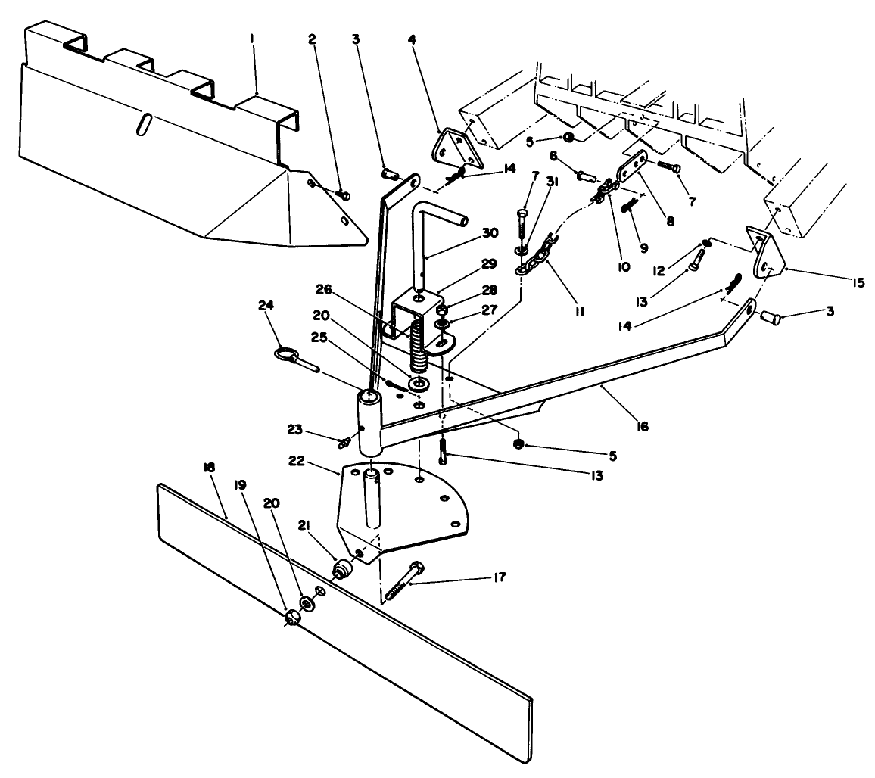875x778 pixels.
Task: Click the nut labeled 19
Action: point(291,618)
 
